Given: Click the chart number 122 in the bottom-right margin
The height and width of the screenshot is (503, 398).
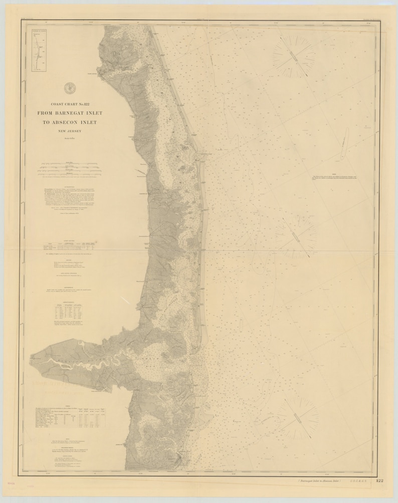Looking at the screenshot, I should [379, 481].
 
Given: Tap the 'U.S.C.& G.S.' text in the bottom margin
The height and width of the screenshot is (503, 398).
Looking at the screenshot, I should [360, 481].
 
